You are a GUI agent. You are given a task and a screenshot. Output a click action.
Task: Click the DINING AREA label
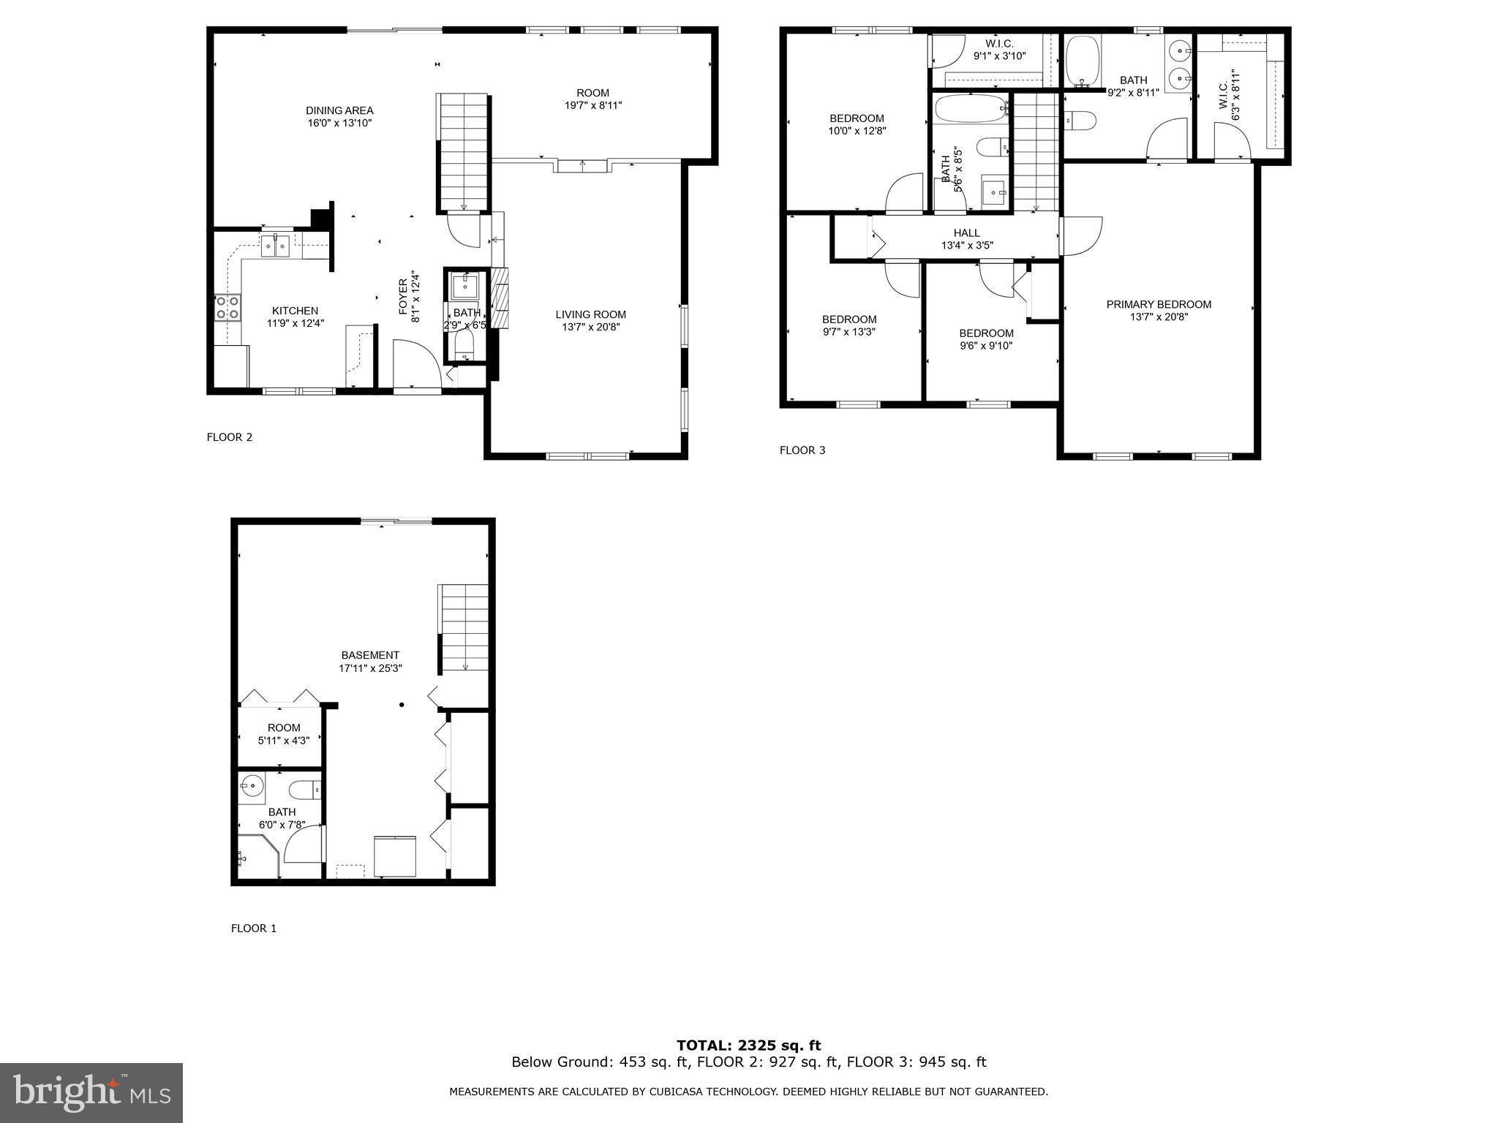point(339,110)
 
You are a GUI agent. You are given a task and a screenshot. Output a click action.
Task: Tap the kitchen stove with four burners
point(227,307)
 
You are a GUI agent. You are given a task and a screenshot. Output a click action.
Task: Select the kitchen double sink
point(276,246)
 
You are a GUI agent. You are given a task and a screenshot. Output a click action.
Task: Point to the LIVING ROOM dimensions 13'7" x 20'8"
point(590,327)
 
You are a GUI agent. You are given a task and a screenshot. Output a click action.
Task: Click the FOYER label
point(403,297)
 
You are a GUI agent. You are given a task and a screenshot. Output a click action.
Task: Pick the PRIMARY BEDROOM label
point(1159,304)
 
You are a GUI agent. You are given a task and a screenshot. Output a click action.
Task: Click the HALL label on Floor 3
point(966,233)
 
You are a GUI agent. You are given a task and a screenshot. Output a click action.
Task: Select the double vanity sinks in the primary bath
point(1179,64)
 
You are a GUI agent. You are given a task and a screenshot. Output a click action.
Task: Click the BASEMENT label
point(370,655)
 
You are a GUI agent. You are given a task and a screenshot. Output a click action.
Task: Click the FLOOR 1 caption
point(254,929)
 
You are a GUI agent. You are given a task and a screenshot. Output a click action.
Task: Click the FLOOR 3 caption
point(802,450)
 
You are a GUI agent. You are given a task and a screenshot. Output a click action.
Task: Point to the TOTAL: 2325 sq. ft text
point(748,1046)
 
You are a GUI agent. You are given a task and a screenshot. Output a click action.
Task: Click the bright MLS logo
point(91,1092)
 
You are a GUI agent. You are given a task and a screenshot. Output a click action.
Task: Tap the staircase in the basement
point(464,627)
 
